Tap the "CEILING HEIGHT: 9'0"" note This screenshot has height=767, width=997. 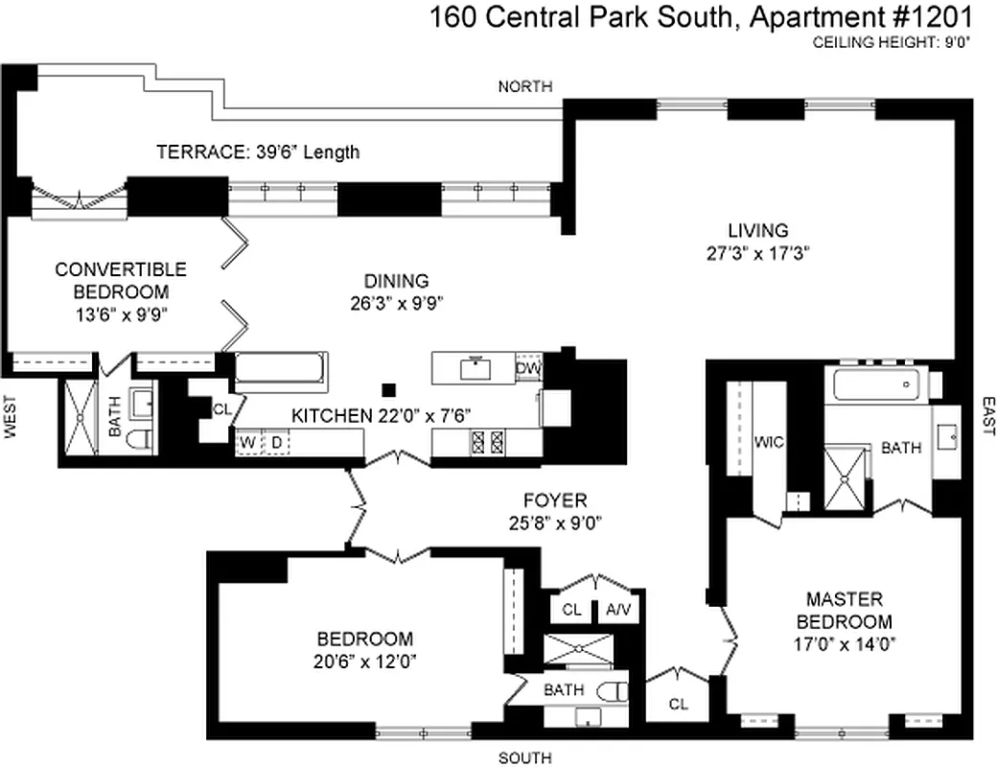coord(893,42)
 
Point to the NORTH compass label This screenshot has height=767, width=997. coord(525,86)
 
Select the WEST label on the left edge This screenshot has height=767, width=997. coord(12,420)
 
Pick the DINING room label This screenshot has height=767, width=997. coord(395,281)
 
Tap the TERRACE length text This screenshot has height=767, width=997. coord(258,151)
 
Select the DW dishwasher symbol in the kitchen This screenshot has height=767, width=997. coord(527,368)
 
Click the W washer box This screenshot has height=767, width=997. coord(247,443)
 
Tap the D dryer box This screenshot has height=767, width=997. coord(276,443)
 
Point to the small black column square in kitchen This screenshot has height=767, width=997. coord(388,389)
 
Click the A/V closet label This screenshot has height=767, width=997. coord(617,609)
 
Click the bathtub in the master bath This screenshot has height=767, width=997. coord(877,384)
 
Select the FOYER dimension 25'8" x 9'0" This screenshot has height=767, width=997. coord(554,523)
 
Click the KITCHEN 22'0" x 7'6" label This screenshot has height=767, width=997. coord(381,416)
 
